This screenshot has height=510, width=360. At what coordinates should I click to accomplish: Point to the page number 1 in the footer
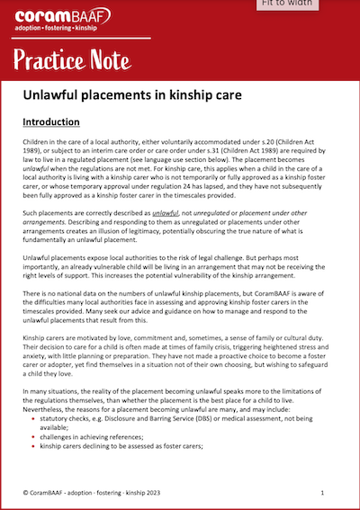click(322, 493)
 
